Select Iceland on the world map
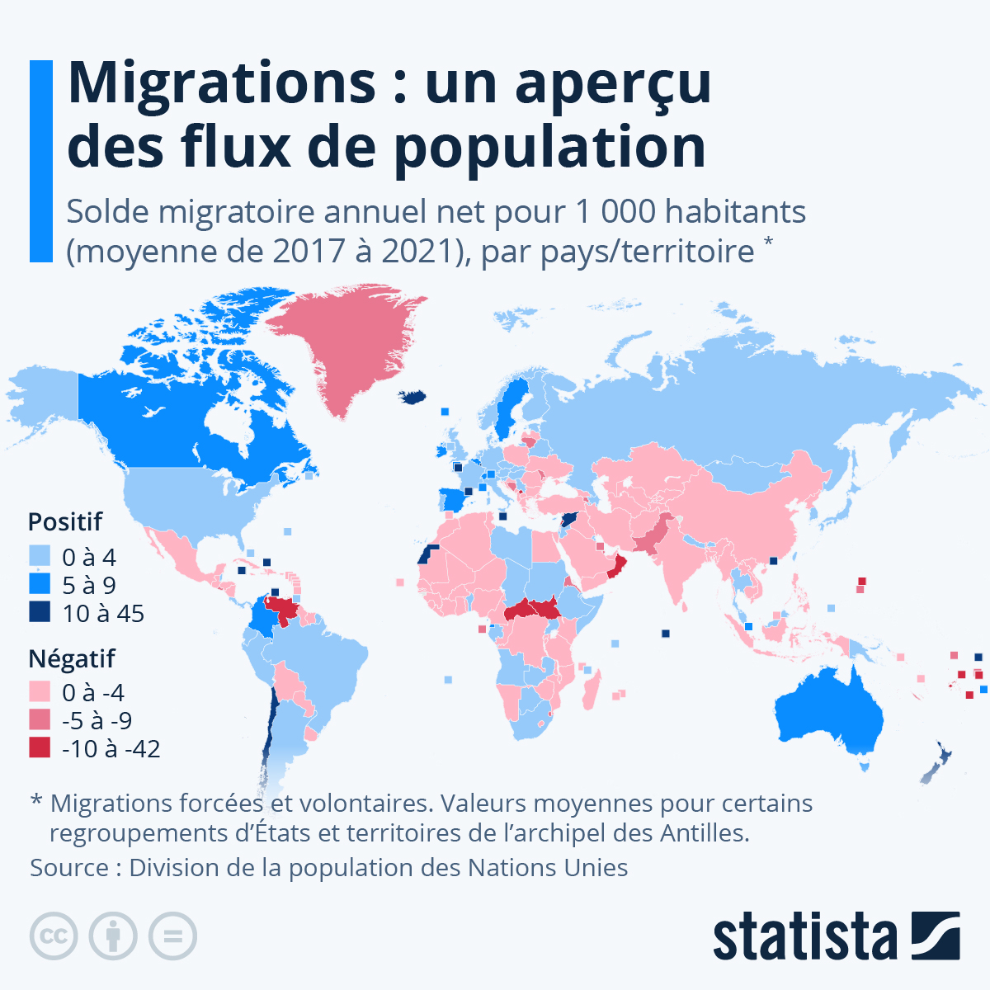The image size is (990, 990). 413,398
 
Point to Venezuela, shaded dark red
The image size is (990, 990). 285,611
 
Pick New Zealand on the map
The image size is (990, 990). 936,764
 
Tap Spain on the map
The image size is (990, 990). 451,500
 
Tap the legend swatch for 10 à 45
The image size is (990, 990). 40,613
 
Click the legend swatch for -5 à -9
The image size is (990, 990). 40,720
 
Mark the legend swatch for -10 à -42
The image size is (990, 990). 40,748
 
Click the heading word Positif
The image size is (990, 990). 65,521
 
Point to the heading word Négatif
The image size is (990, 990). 72,658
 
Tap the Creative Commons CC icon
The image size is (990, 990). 54,936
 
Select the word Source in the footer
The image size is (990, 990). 69,868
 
